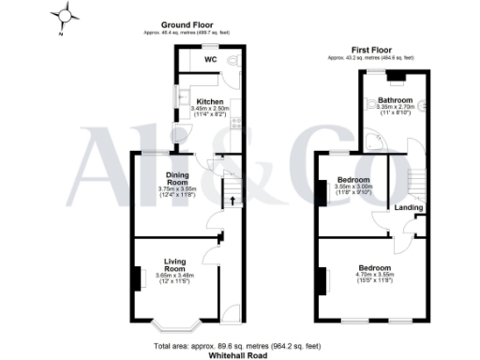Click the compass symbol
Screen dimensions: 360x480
tap(66, 15)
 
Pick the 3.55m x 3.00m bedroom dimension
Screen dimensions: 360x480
tap(355, 187)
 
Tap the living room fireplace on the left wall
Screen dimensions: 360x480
tap(138, 277)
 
